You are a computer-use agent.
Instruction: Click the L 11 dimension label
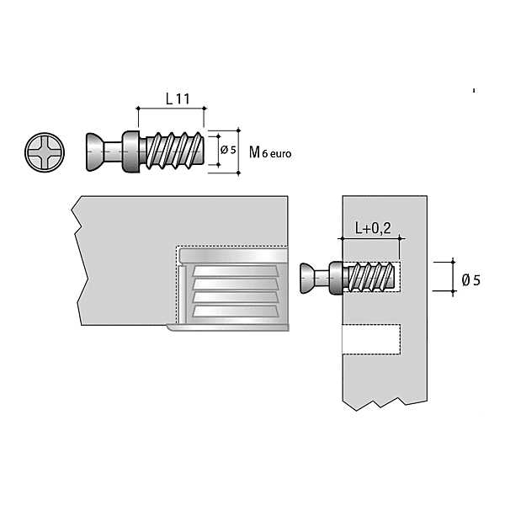[178, 98]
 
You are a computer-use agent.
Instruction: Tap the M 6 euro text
[270, 152]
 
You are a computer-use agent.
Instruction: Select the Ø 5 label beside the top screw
[228, 150]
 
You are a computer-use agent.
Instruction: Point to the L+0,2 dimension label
[373, 228]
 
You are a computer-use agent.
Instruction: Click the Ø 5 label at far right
[470, 280]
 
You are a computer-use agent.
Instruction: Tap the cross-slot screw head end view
[45, 152]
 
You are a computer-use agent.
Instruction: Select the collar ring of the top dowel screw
[131, 151]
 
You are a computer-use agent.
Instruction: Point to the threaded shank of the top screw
[174, 151]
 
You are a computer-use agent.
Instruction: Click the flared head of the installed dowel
[306, 279]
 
